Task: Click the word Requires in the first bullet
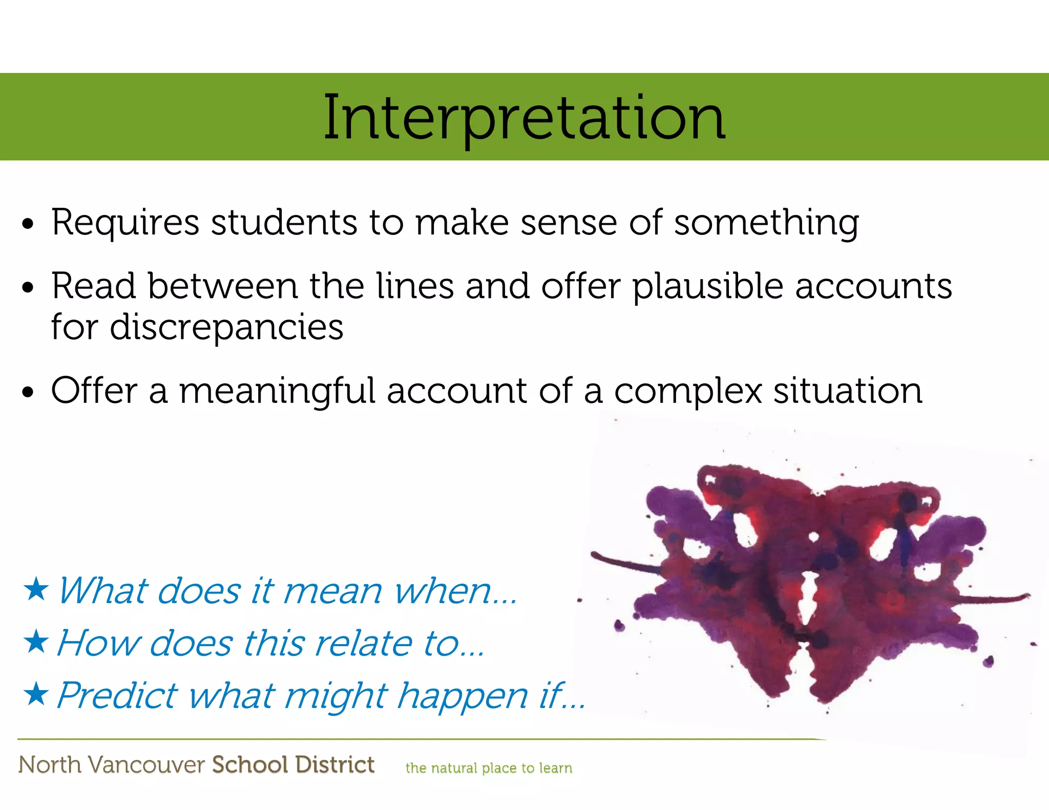click(125, 223)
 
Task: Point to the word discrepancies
click(226, 327)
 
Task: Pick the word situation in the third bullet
click(848, 391)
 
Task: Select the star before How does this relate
click(36, 642)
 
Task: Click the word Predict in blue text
click(117, 695)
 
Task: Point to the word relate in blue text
click(363, 643)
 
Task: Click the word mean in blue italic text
click(332, 591)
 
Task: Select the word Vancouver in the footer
click(146, 764)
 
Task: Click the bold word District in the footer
click(334, 764)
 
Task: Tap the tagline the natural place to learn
click(488, 768)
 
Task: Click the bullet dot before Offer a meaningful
click(28, 392)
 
